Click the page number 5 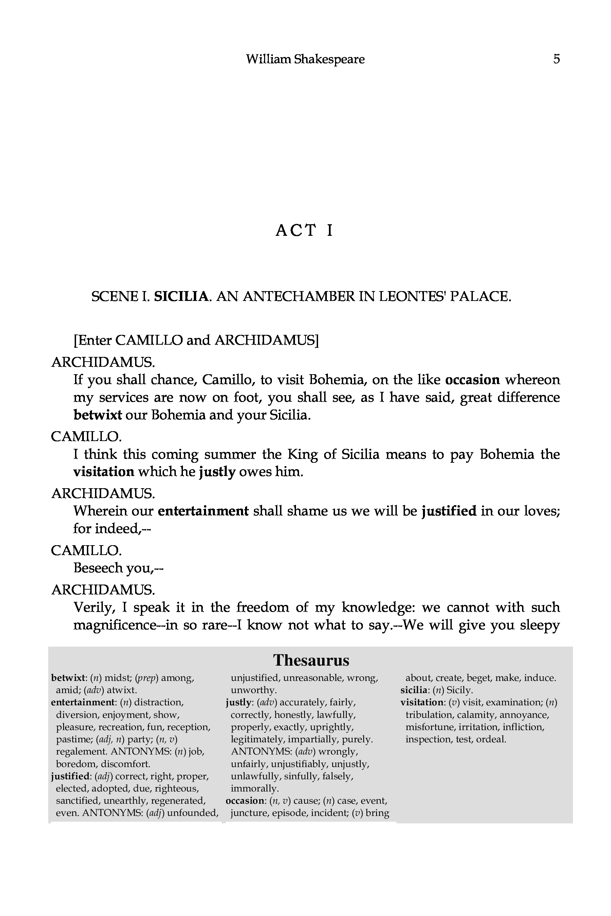click(556, 59)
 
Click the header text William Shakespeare click(305, 59)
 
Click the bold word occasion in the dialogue click(472, 380)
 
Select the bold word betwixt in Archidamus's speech click(98, 415)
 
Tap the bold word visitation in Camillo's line click(104, 472)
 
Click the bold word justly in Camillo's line click(217, 472)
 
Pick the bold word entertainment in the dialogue click(203, 511)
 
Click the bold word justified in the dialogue click(449, 511)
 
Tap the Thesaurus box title click(311, 660)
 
